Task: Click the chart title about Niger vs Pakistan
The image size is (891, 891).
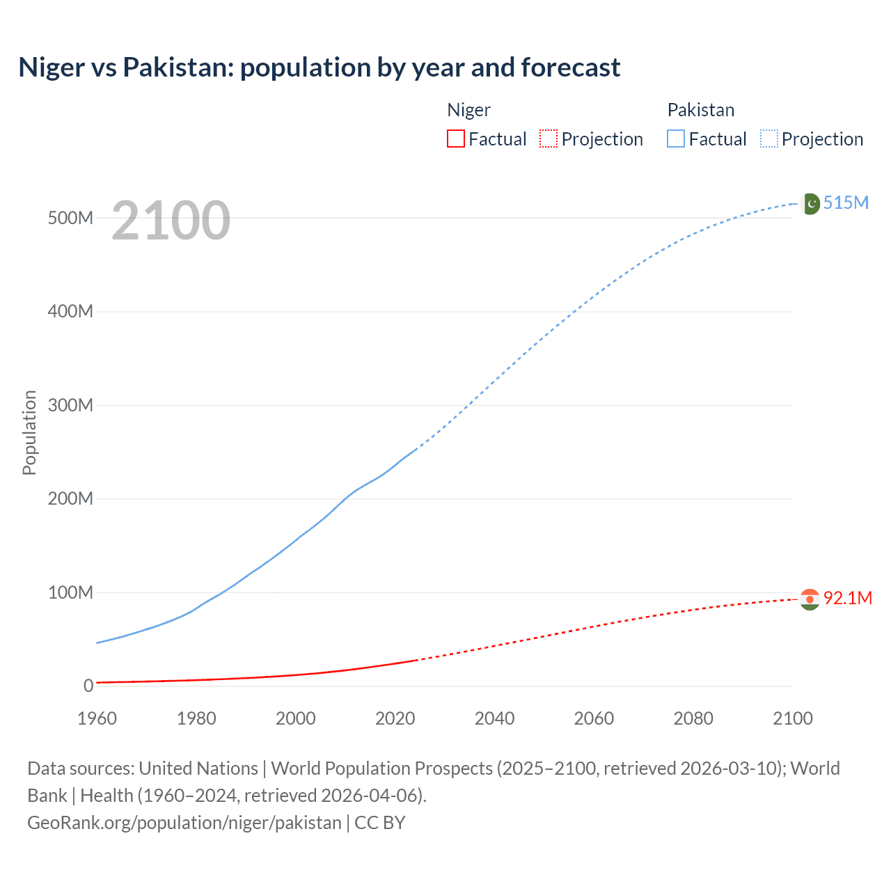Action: coord(320,68)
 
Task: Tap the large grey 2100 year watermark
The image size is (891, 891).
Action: coord(171,221)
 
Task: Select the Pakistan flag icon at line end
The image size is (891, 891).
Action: coord(810,203)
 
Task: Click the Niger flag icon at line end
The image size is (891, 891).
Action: coord(810,599)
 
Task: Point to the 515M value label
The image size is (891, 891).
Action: coord(846,203)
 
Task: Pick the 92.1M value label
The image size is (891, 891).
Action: coord(847,598)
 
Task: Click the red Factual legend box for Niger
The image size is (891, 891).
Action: coord(456,139)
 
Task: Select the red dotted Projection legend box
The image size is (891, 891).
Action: coord(549,139)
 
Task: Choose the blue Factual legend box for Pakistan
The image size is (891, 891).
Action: coord(676,139)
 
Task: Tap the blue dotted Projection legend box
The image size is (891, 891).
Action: coord(769,139)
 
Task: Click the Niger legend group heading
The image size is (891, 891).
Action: coord(468,110)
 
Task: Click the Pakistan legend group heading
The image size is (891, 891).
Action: coord(700,110)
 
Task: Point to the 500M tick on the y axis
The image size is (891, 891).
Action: coord(70,218)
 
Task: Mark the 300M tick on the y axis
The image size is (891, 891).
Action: coord(70,405)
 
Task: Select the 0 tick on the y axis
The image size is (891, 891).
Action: coord(88,686)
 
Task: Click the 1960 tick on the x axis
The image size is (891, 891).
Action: coord(97,718)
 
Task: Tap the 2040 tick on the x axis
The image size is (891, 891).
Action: coord(494,718)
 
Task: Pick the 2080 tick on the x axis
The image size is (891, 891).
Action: coord(693,718)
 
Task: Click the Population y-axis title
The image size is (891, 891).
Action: coord(29,432)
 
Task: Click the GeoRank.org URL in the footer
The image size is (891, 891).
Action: coord(184,823)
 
